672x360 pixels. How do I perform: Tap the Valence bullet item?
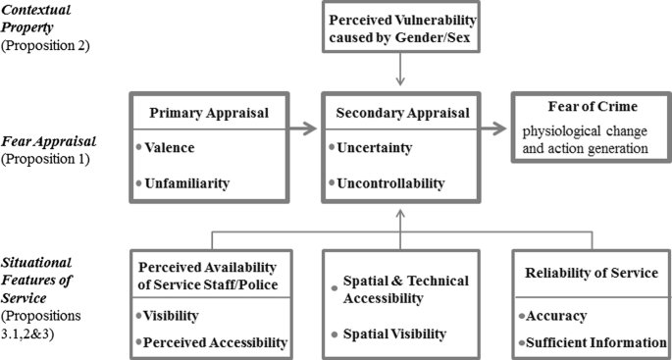tap(174, 147)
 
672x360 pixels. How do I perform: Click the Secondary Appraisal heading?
tap(401, 112)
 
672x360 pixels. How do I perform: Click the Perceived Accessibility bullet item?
tap(213, 342)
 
